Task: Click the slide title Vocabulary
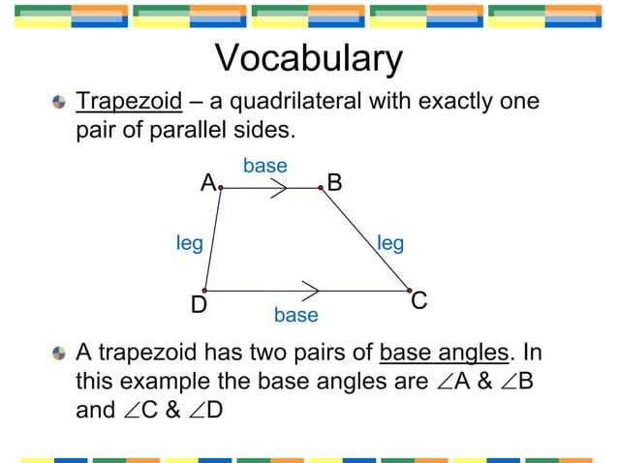(308, 59)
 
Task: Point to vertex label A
(207, 182)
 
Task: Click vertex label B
(334, 182)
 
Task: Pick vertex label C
(419, 301)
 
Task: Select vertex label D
(199, 305)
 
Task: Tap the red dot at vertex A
(221, 188)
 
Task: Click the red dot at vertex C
(410, 291)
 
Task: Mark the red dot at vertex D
(204, 291)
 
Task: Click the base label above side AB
(264, 166)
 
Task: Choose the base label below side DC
(295, 315)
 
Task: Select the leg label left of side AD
(189, 242)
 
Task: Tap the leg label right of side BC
(390, 242)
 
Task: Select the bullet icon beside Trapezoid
(60, 103)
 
